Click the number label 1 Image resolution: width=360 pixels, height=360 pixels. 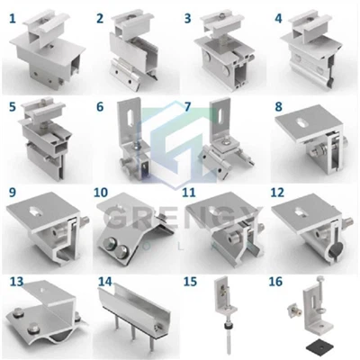point(13,16)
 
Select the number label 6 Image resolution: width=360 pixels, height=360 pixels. point(100,106)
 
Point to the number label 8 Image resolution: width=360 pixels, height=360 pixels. point(278,106)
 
